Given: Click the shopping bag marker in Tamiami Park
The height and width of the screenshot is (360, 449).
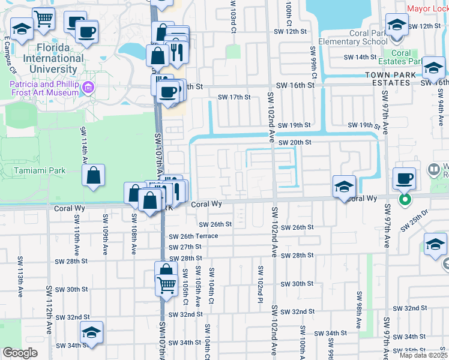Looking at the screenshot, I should (95, 176).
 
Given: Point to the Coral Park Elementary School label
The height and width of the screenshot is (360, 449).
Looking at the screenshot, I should (353, 37).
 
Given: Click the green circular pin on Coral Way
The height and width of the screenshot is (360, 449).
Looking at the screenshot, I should (406, 199).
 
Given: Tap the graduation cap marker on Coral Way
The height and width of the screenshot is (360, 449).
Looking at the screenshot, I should (344, 186).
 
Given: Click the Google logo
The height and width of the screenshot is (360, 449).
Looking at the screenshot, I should (20, 353).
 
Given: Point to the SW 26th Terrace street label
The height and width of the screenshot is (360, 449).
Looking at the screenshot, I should (193, 236).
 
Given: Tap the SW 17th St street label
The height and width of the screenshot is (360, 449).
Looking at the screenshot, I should (234, 97).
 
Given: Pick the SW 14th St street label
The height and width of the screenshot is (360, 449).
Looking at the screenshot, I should (360, 57).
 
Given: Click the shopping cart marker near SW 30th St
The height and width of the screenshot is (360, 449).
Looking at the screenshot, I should (166, 284).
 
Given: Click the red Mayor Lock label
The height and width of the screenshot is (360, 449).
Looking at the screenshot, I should (427, 8).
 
